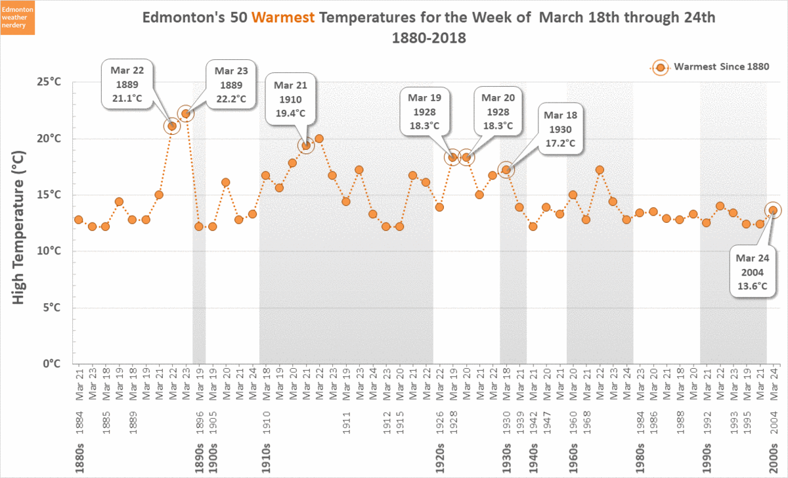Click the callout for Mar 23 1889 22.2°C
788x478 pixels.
click(230, 85)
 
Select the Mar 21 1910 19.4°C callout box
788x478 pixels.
click(290, 99)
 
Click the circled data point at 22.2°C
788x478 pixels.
click(186, 114)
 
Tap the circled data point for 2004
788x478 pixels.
click(773, 210)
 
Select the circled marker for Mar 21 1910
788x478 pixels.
click(305, 146)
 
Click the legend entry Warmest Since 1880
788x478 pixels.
click(712, 67)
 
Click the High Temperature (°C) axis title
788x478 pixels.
click(19, 227)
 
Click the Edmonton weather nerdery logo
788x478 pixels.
click(18, 18)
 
